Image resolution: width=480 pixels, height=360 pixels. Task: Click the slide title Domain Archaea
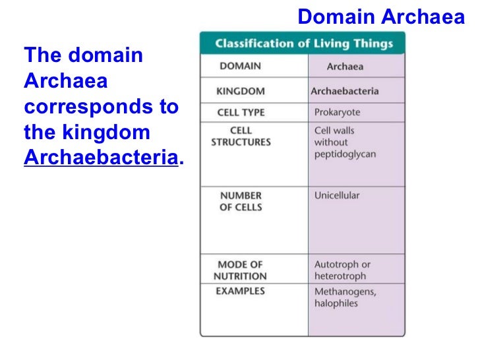coord(381,16)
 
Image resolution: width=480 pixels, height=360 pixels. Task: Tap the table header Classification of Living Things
coord(303,45)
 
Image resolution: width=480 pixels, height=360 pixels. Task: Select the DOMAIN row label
coord(240,66)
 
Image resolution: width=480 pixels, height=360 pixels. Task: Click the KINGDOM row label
coord(241,90)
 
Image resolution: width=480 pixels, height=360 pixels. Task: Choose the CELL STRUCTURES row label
coord(241,136)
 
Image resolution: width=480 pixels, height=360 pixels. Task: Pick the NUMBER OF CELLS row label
coord(241,201)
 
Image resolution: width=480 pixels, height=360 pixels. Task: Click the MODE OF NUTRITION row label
coord(240,270)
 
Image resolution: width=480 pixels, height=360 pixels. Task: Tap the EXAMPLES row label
coord(240,291)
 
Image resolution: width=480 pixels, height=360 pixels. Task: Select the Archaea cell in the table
coord(345,67)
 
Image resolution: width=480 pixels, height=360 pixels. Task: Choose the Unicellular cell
coord(337,195)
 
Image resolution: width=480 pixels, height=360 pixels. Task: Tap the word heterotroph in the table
coord(340,276)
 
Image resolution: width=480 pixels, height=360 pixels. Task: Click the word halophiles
coord(336,303)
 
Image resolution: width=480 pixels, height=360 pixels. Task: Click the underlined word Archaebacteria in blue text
coord(101,158)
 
